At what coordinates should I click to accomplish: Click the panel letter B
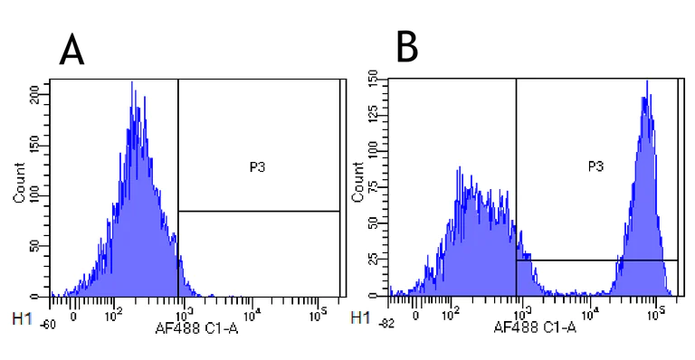pyautogui.click(x=407, y=47)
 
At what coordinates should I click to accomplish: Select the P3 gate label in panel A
pyautogui.click(x=258, y=166)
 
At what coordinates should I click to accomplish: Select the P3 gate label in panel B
pyautogui.click(x=595, y=166)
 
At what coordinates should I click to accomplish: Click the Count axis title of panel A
pyautogui.click(x=19, y=186)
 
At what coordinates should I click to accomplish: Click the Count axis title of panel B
pyautogui.click(x=358, y=185)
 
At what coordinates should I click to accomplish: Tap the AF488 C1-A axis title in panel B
pyautogui.click(x=535, y=326)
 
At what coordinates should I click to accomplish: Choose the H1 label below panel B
pyautogui.click(x=360, y=318)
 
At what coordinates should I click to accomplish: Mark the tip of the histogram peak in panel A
pyautogui.click(x=132, y=82)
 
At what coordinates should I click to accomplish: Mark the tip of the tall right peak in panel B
pyautogui.click(x=647, y=81)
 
